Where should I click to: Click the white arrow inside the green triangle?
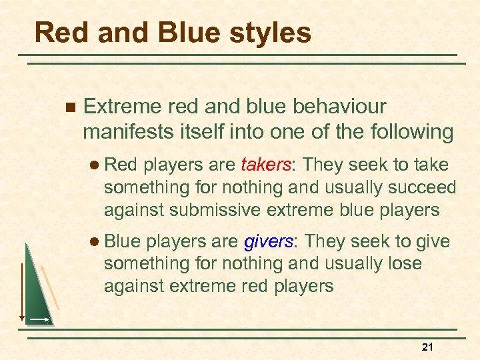(38, 320)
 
